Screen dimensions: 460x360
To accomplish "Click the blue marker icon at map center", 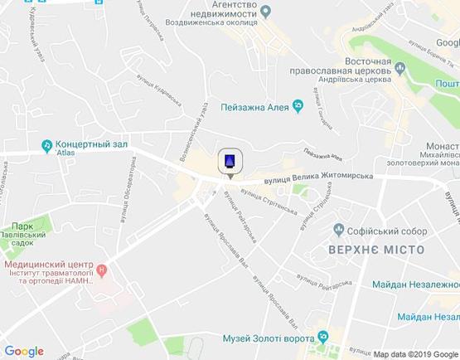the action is point(230,161).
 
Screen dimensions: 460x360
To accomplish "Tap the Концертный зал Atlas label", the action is point(91,147).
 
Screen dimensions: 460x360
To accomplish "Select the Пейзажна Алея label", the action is point(254,105).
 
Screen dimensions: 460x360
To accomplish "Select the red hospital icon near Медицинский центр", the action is point(101,270).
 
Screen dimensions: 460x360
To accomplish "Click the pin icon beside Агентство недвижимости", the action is point(266,11).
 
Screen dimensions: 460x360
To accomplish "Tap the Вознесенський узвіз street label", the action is point(192,131).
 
